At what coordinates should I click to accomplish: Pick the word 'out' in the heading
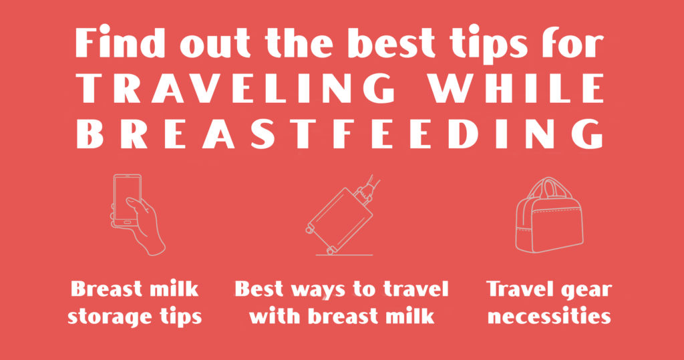pos(215,45)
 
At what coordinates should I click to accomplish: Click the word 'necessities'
pos(549,315)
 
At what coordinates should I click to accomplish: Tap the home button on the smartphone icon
pos(128,222)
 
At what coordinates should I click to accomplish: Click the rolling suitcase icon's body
pos(339,218)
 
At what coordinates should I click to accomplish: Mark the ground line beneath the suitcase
pos(344,255)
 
